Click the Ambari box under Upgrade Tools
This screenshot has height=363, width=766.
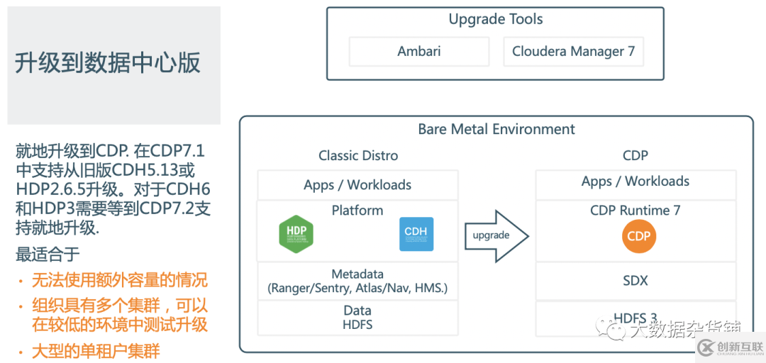click(418, 52)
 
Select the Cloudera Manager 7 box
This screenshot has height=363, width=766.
click(573, 52)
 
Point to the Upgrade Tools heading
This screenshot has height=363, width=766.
click(496, 19)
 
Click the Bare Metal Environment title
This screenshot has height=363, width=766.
click(496, 129)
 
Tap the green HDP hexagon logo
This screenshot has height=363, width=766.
click(296, 234)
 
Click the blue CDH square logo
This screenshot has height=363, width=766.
click(416, 234)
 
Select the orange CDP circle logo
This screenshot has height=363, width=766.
click(638, 236)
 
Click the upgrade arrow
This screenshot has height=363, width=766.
click(496, 235)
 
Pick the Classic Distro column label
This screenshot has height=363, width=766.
click(358, 155)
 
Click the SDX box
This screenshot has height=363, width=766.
click(635, 281)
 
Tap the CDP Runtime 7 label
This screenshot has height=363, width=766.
click(635, 211)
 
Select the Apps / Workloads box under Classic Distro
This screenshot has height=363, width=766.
click(357, 185)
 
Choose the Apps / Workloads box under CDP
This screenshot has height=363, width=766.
click(635, 181)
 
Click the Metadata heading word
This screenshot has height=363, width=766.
click(357, 274)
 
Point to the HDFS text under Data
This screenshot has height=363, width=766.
click(357, 325)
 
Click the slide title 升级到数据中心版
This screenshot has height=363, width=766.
click(108, 62)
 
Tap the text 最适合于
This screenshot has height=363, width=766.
click(48, 253)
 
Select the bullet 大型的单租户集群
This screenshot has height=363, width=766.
click(96, 350)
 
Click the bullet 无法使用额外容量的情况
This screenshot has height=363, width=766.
click(119, 280)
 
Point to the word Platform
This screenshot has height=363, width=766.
click(357, 211)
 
